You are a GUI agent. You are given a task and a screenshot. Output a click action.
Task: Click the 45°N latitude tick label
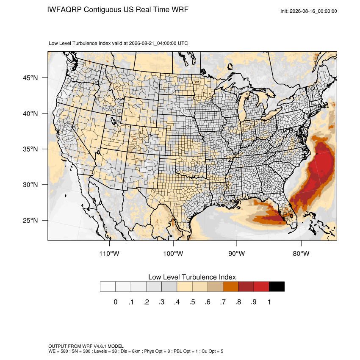pos(30,78)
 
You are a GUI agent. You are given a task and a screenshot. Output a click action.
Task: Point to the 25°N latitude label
pos(30,220)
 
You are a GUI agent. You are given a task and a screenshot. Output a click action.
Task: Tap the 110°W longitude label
pos(109,253)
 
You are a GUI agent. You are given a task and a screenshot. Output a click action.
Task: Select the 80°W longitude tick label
pos(301,253)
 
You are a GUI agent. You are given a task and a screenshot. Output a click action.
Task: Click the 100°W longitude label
pos(173,253)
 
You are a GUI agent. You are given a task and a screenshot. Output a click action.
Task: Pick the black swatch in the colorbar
pos(277,287)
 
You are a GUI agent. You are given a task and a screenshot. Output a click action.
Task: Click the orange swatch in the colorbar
pos(230,287)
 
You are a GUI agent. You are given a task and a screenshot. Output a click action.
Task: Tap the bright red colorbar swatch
pos(261,287)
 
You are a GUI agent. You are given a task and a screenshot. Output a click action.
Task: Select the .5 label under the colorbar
pos(192,302)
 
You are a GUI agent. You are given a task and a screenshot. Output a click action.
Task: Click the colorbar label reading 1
pos(269,302)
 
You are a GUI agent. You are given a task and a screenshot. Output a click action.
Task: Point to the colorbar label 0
pos(116,302)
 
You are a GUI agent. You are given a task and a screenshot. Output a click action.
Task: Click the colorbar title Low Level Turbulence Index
pos(192,277)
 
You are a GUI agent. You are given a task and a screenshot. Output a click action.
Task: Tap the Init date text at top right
pos(309,11)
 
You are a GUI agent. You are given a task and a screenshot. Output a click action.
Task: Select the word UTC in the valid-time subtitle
pos(183,43)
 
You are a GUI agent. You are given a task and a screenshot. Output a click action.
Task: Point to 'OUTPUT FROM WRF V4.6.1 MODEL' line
pos(86,346)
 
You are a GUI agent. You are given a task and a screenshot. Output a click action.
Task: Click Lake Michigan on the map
pos(243,108)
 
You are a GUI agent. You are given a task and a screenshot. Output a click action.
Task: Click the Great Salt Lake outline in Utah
pos(114,120)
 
